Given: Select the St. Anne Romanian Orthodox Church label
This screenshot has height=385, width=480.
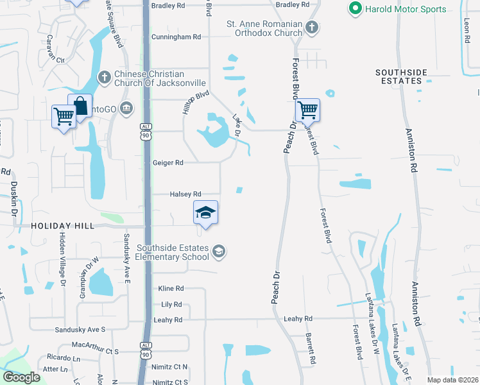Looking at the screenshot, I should click(x=264, y=28).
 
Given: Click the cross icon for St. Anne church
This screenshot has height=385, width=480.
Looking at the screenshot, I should click(x=311, y=27).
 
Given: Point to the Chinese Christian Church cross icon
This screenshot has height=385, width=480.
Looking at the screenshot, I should click(x=105, y=78).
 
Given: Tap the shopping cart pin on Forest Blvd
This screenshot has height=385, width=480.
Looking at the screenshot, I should click(x=307, y=110).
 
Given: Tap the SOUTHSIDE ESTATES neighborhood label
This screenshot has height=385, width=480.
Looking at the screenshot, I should click(x=408, y=76).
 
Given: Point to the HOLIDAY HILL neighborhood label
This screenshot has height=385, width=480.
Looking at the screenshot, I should click(x=62, y=226).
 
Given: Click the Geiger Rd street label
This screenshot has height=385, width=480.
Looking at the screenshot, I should click(x=167, y=163).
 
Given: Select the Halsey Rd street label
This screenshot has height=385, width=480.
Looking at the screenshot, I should click(x=185, y=194).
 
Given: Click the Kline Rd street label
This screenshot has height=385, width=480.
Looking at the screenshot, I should click(x=171, y=289).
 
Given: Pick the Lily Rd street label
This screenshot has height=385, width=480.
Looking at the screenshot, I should click(x=171, y=304).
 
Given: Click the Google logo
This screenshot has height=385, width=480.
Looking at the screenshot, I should click(x=22, y=377).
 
